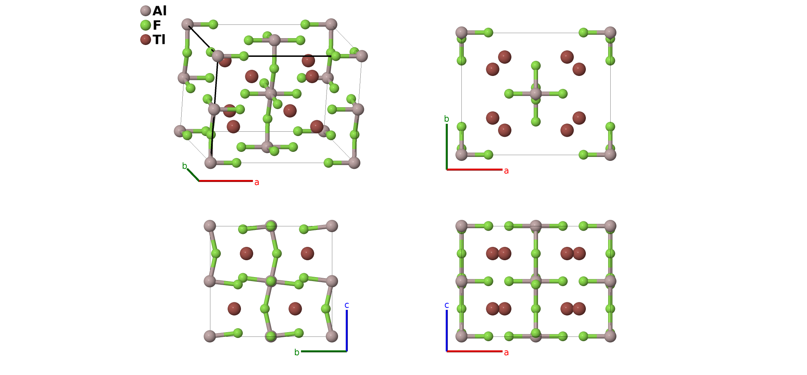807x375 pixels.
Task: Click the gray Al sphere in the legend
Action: pos(145,11)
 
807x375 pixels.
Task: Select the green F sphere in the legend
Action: pos(145,25)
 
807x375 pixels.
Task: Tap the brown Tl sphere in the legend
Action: pos(145,39)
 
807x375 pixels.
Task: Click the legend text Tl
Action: pos(159,40)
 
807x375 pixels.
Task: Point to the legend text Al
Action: pos(159,11)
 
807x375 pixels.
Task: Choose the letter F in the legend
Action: pos(157,25)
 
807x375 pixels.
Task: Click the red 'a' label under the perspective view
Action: pos(257,182)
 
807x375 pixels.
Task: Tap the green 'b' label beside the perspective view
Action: pos(184,166)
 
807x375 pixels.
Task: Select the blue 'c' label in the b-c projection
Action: pos(347,305)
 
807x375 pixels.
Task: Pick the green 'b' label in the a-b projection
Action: pos(447,119)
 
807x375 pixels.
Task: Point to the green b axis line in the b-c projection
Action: pos(324,351)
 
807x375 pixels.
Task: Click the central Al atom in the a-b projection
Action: pos(536,94)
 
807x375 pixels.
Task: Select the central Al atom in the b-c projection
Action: pos(271,281)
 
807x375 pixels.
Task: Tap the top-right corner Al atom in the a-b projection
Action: pos(610,33)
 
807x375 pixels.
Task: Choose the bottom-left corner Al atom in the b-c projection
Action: pos(210,336)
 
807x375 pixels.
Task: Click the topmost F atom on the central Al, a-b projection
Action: pos(536,65)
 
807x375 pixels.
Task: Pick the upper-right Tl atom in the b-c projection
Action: pos(307,253)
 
